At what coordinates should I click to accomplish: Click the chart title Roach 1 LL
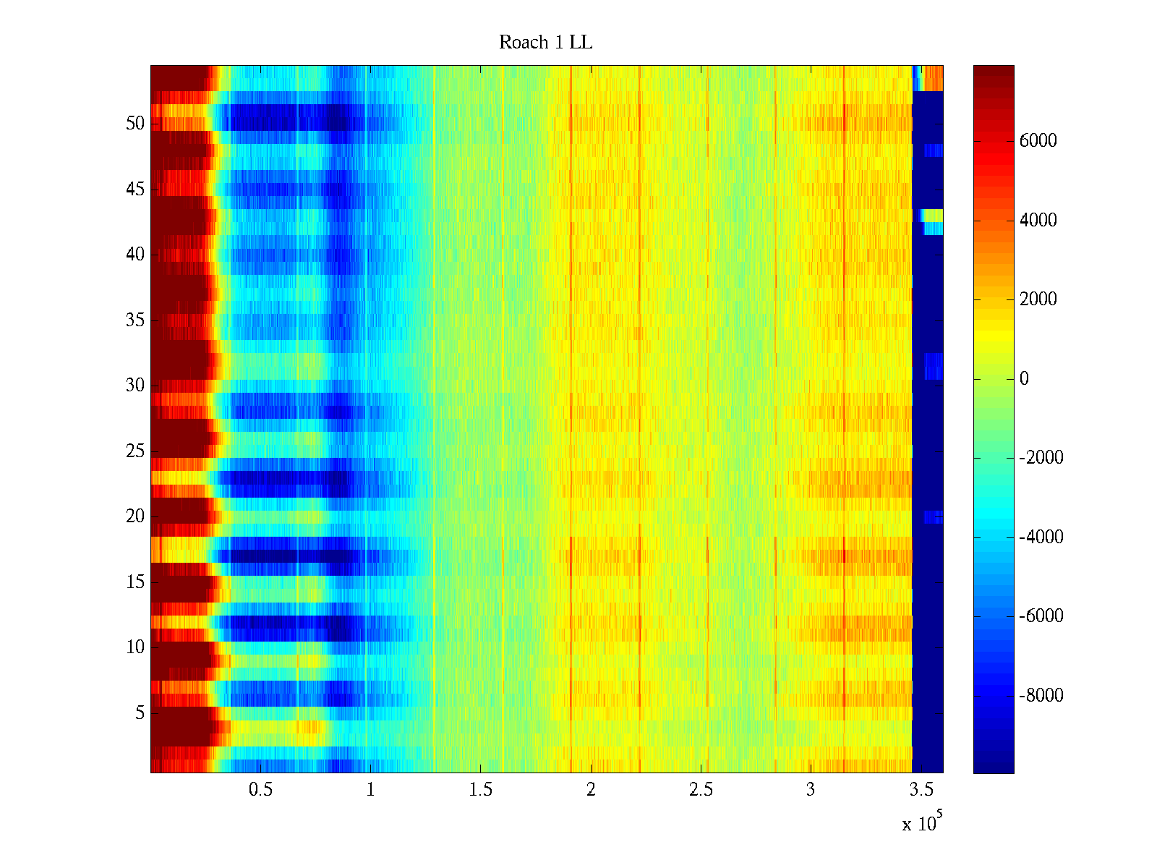click(x=545, y=43)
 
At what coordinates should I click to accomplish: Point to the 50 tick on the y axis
click(x=135, y=124)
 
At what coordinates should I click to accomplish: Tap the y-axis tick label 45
click(x=135, y=190)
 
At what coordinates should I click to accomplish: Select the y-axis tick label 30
click(x=135, y=386)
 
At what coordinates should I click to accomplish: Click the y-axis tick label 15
click(x=135, y=582)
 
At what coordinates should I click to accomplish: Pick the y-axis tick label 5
click(x=140, y=713)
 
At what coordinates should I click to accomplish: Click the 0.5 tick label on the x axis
click(x=260, y=790)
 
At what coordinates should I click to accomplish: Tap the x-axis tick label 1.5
click(x=481, y=790)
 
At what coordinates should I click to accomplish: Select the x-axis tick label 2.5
click(x=701, y=790)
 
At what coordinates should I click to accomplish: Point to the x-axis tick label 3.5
click(x=921, y=790)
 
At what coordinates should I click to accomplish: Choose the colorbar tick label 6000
click(x=1038, y=141)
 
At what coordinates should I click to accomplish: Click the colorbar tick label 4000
click(x=1038, y=221)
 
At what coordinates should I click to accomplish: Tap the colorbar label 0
click(x=1024, y=379)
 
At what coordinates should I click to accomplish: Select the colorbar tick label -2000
click(x=1041, y=458)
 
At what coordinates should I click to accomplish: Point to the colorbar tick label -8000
click(x=1041, y=696)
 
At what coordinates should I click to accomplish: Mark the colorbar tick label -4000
click(x=1041, y=537)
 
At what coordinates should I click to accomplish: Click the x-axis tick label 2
click(x=591, y=790)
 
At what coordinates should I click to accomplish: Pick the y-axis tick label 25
click(x=135, y=451)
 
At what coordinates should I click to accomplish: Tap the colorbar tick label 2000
click(x=1038, y=299)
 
